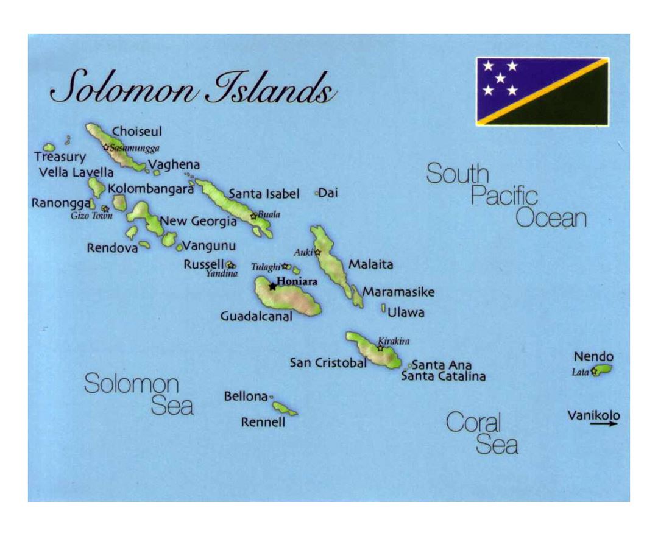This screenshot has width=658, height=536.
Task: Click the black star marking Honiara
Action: [272, 286]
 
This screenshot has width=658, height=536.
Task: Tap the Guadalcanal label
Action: [256, 316]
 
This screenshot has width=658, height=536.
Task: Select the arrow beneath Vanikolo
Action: [603, 424]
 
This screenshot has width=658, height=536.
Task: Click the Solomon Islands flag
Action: [542, 91]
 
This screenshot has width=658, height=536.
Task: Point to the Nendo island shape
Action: [603, 370]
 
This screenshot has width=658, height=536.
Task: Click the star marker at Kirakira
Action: [381, 348]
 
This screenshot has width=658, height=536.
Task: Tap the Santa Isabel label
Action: [264, 194]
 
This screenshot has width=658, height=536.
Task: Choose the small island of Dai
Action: [317, 193]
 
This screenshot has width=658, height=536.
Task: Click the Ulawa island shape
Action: [383, 309]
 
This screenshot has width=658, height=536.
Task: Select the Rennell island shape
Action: [285, 408]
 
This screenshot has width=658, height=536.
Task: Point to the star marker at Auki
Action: [317, 252]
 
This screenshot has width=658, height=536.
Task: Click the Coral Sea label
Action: [482, 433]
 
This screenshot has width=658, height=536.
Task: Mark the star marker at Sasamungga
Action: [106, 147]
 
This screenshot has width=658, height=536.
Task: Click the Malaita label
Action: [370, 264]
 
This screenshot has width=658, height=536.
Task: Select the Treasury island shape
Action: [49, 147]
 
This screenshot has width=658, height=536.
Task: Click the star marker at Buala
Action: [253, 216]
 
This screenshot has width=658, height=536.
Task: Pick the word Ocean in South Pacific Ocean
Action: [551, 218]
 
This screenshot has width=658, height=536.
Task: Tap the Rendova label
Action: [112, 248]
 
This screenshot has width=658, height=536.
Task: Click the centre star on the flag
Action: [500, 78]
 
